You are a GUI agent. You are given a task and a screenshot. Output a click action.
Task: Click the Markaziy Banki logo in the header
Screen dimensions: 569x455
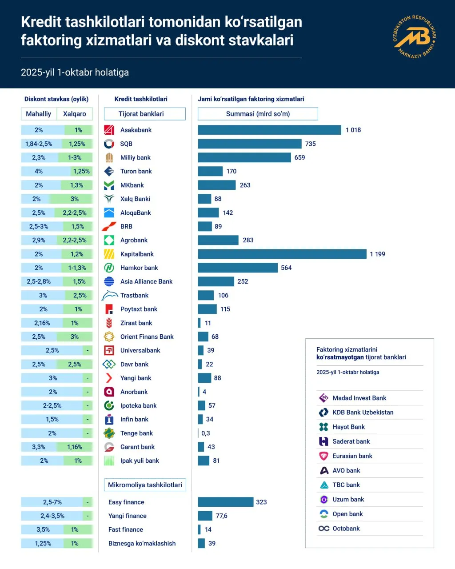(415, 37)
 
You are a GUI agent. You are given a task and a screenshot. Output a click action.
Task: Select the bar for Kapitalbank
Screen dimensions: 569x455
(282, 254)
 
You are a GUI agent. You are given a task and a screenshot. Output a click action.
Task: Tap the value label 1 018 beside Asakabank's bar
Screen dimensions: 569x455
(353, 130)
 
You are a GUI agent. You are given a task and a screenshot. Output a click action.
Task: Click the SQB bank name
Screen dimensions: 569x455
(126, 144)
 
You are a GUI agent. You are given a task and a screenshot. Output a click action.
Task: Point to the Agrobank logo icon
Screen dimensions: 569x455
(109, 240)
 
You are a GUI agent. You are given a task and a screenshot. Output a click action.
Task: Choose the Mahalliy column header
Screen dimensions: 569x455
(38, 114)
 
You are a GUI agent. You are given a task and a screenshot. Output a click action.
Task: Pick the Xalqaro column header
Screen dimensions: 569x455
(75, 114)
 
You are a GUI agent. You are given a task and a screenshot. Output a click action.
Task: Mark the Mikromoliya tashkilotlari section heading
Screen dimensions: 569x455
(145, 485)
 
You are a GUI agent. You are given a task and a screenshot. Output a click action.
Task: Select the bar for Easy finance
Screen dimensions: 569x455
(226, 502)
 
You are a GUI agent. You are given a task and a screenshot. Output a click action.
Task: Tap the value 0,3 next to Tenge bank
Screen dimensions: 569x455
(206, 433)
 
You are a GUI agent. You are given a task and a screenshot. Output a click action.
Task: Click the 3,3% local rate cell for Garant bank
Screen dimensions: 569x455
(39, 447)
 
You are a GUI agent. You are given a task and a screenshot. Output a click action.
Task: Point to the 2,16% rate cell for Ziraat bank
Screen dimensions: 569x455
(42, 323)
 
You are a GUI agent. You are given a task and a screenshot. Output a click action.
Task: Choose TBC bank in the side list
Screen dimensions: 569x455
(346, 485)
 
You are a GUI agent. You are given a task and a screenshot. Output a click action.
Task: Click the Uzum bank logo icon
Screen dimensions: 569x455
(324, 499)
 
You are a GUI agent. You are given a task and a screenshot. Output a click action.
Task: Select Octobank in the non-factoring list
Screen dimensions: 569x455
(346, 528)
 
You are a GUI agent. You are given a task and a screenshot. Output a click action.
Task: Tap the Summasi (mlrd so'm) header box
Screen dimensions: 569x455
(258, 114)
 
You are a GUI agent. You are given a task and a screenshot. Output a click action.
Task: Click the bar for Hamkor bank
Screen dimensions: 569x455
(238, 268)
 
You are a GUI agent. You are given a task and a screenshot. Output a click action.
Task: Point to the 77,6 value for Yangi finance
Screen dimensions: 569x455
(221, 516)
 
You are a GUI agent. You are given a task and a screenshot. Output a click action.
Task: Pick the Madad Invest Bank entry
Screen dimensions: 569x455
(359, 398)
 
